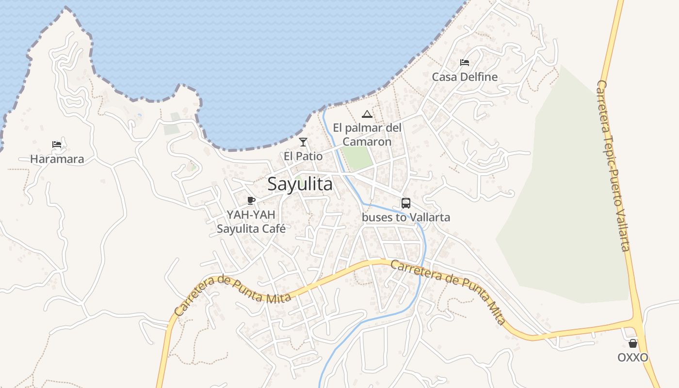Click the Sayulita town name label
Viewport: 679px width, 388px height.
point(300,184)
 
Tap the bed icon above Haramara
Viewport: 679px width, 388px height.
point(57,144)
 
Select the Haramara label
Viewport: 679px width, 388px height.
point(57,159)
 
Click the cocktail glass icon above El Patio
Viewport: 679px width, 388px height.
point(303,142)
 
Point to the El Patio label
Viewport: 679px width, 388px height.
point(303,157)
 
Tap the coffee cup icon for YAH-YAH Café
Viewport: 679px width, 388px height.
point(251,200)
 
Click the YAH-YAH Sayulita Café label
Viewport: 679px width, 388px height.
point(251,222)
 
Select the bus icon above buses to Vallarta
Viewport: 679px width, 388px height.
point(406,203)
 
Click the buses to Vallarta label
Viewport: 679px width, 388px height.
point(406,217)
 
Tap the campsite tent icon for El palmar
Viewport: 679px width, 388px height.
point(367,114)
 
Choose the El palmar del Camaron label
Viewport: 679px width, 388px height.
point(367,135)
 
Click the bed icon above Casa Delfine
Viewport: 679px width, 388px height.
point(465,63)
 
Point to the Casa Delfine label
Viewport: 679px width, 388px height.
point(465,77)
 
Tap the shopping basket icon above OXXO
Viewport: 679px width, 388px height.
point(633,343)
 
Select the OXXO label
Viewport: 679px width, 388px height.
point(633,358)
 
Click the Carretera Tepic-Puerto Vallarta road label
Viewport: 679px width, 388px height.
point(613,165)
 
